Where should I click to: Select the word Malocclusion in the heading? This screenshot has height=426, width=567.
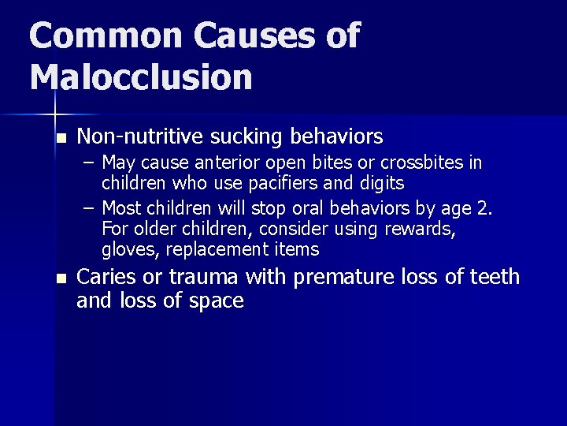pyautogui.click(x=142, y=77)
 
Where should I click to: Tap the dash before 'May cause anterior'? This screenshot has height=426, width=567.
pyautogui.click(x=91, y=163)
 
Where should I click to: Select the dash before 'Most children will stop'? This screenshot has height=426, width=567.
pyautogui.click(x=91, y=209)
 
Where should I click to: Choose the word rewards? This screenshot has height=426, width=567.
pyautogui.click(x=421, y=230)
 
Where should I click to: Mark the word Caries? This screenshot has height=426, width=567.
pyautogui.click(x=105, y=277)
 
